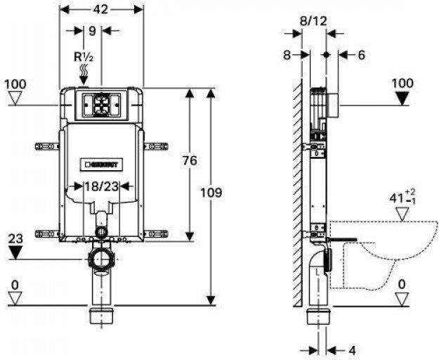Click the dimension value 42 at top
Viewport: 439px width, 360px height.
tap(102, 10)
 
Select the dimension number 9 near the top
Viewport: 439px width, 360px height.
tap(93, 31)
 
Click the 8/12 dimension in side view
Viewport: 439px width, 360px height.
tap(314, 21)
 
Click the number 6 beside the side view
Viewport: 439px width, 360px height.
tap(361, 55)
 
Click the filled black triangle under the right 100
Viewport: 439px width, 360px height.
tap(402, 98)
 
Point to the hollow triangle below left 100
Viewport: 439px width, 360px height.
tap(15, 99)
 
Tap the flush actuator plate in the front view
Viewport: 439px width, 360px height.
tap(100, 105)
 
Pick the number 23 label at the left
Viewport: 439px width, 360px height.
tap(15, 238)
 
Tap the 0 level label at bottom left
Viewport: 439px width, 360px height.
tap(14, 284)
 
